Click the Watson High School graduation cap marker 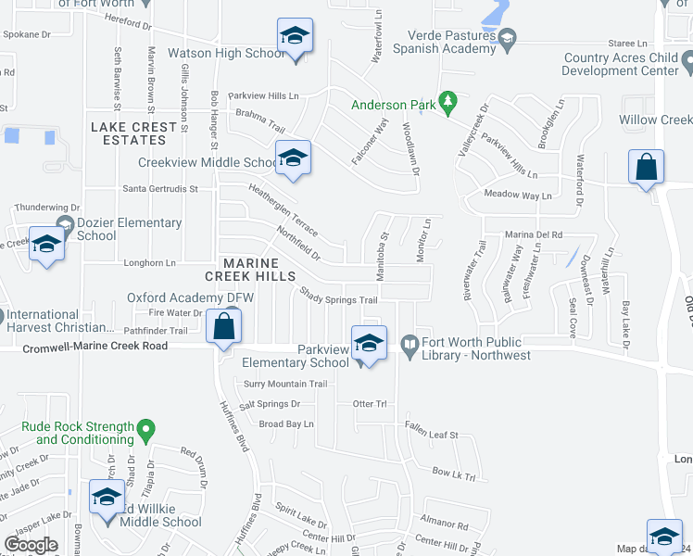pos(295,37)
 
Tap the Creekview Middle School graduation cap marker pos(293,158)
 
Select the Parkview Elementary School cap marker pos(368,344)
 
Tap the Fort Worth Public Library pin pos(409,345)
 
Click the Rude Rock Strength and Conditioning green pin pos(145,429)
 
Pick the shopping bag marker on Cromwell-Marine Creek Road pos(223,327)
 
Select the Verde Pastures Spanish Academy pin pos(507,38)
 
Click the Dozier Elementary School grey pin pos(64,223)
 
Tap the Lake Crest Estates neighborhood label pos(133,133)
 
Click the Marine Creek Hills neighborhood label pos(251,270)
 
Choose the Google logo pos(31,545)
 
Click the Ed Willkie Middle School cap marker pos(107,498)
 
